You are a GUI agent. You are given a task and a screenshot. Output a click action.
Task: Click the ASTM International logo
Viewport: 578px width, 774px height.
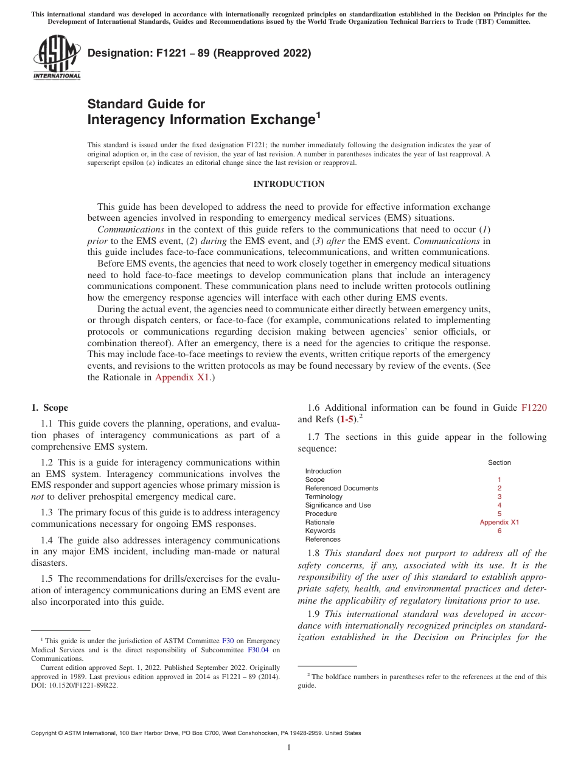pyautogui.click(x=56, y=58)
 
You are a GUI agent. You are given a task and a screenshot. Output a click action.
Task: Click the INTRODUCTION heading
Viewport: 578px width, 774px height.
pyautogui.click(x=288, y=184)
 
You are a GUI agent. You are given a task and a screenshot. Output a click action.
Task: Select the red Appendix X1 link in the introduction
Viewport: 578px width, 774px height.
pyautogui.click(x=182, y=377)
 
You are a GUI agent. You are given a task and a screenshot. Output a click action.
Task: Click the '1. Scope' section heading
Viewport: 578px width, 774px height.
pyautogui.click(x=49, y=408)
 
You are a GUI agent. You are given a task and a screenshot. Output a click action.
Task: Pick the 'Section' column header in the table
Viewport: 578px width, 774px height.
pyautogui.click(x=499, y=462)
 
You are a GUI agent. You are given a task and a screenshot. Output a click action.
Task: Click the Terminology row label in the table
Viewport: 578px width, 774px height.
pyautogui.click(x=324, y=497)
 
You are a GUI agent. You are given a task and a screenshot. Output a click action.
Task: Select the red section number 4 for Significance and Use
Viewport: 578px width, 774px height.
pyautogui.click(x=499, y=505)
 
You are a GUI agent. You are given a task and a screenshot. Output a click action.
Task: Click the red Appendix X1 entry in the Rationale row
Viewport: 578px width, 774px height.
pyautogui.click(x=499, y=522)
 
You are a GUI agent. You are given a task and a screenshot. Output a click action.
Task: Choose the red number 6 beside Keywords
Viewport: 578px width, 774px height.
pyautogui.click(x=499, y=531)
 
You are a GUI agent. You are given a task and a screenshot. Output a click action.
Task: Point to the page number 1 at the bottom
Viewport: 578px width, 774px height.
pyautogui.click(x=289, y=748)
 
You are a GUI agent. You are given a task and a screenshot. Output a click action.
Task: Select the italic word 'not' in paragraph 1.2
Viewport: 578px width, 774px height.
pyautogui.click(x=37, y=497)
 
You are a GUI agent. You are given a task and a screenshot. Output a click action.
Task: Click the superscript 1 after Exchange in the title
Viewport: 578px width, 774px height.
pyautogui.click(x=318, y=114)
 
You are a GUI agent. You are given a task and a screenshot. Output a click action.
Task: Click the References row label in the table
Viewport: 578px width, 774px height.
pyautogui.click(x=322, y=539)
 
